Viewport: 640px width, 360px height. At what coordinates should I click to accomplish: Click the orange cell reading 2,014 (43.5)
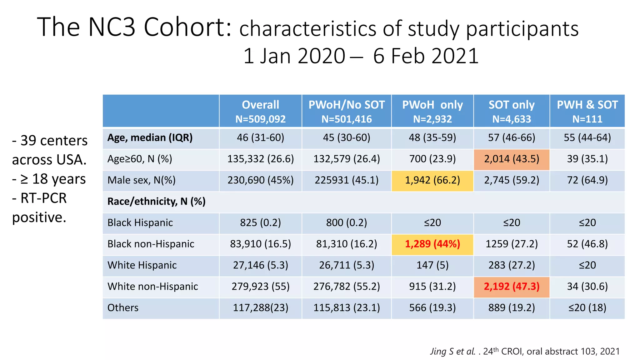(512, 159)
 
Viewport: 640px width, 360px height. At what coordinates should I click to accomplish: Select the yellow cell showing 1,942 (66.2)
(432, 180)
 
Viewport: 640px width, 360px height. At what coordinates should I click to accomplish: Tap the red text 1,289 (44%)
(432, 244)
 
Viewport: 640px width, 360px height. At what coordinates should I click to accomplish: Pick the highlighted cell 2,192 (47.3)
(512, 287)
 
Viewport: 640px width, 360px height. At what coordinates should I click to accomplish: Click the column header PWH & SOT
(587, 105)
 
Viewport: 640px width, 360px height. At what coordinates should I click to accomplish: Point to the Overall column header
(260, 105)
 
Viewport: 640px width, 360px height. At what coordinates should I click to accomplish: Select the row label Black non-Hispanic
(151, 244)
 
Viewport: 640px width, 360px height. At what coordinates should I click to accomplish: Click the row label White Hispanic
(142, 265)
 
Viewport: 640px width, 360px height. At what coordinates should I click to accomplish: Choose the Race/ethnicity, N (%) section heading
(156, 202)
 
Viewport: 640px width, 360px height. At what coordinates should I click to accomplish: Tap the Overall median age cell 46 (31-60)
(260, 138)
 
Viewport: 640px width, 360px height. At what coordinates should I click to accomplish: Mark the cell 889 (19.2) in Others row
(512, 308)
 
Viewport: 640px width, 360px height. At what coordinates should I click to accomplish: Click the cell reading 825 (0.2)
(260, 223)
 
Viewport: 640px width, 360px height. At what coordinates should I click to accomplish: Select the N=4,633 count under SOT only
(512, 119)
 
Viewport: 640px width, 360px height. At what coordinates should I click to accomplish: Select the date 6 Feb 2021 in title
(426, 56)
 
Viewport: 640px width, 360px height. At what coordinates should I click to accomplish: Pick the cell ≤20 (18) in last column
(587, 308)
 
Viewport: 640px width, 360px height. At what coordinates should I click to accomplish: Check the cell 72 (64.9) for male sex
(587, 180)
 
